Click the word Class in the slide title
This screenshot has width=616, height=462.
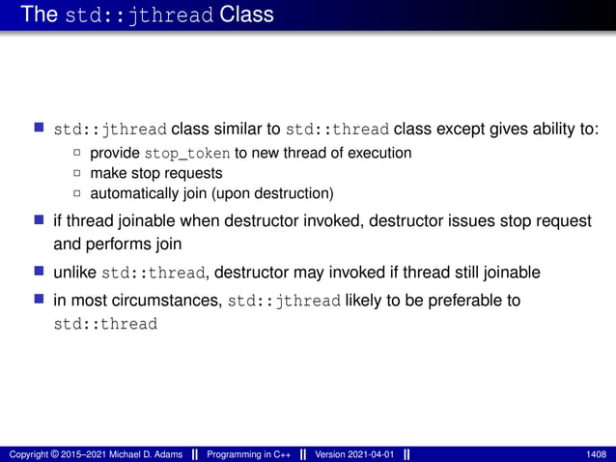(246, 14)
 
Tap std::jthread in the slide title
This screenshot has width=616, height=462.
(139, 15)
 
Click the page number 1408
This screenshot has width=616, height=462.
(596, 454)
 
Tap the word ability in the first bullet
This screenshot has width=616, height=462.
(548, 129)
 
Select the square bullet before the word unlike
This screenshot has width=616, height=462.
(39, 270)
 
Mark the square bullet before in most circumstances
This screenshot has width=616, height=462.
(39, 300)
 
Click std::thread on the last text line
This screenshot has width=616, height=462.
(104, 324)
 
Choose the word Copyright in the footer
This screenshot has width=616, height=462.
(31, 454)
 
